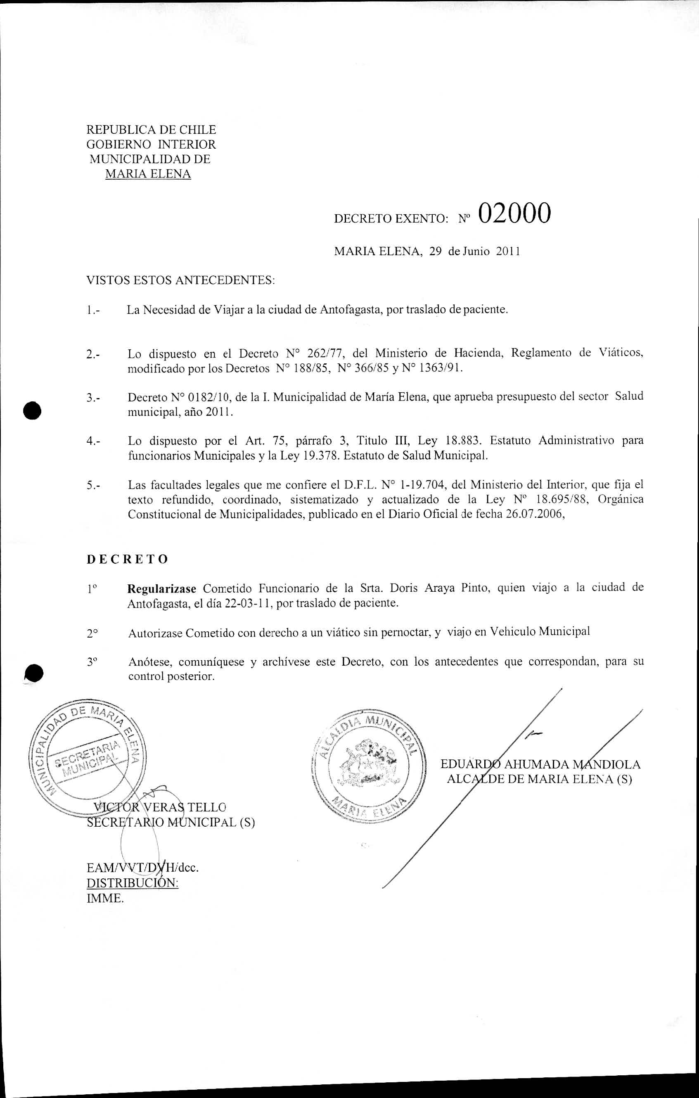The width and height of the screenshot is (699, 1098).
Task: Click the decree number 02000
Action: click(514, 213)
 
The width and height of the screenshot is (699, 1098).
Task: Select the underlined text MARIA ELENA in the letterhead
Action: click(148, 174)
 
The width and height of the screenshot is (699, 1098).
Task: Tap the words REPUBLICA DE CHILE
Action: click(151, 130)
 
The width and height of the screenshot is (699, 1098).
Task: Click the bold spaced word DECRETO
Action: click(127, 559)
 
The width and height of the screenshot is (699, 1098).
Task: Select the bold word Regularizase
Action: click(162, 588)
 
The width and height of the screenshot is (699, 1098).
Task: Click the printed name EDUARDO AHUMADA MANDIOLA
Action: click(540, 764)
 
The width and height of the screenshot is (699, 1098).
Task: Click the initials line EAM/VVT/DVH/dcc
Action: click(143, 867)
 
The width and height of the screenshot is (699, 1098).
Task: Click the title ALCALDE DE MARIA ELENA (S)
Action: click(539, 779)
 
